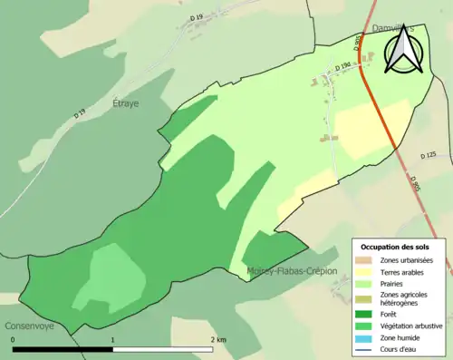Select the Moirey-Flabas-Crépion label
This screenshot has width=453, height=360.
pyautogui.click(x=292, y=271)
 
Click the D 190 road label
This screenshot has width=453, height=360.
pyautogui.click(x=343, y=67)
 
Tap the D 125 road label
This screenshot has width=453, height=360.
pyautogui.click(x=429, y=156)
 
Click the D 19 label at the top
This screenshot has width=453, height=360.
pyautogui.click(x=197, y=17)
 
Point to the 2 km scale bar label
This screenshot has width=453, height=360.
pyautogui.click(x=218, y=339)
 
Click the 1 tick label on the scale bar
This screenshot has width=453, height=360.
pyautogui.click(x=112, y=339)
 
